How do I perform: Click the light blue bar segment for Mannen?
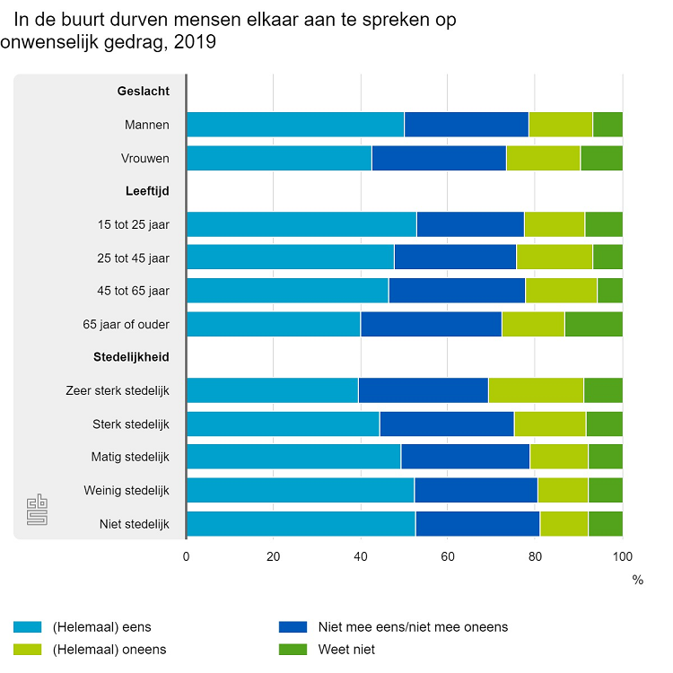click(x=294, y=125)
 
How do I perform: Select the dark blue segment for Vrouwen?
click(x=439, y=158)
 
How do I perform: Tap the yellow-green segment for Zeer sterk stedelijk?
click(x=536, y=390)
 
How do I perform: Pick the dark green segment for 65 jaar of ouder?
click(x=593, y=324)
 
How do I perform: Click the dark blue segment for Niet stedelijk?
click(x=477, y=523)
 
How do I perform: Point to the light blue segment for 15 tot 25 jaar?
click(x=301, y=224)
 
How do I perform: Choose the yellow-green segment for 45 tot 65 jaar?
click(x=561, y=291)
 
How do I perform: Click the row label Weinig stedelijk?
click(x=127, y=490)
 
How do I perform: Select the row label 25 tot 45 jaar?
click(x=133, y=258)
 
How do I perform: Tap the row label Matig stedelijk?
click(x=130, y=457)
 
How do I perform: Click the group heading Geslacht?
click(x=144, y=91)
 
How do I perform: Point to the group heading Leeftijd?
click(x=146, y=190)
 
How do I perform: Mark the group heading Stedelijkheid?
click(x=131, y=356)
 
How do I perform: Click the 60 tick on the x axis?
click(x=448, y=556)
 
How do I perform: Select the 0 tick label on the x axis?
click(x=186, y=556)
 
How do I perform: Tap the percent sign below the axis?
click(x=637, y=581)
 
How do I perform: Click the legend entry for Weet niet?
click(x=346, y=649)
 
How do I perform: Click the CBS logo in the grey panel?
click(x=37, y=509)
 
